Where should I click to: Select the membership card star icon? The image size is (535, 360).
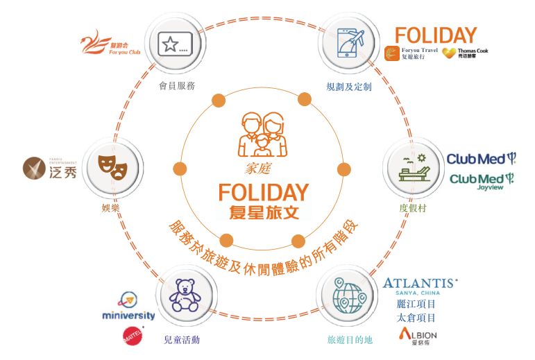click(171, 45)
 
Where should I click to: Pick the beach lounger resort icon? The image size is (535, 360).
click(414, 166)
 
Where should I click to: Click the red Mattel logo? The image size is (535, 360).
click(130, 337)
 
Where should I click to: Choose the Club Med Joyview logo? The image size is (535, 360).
click(482, 181)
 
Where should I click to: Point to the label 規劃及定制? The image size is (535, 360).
click(350, 87)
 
